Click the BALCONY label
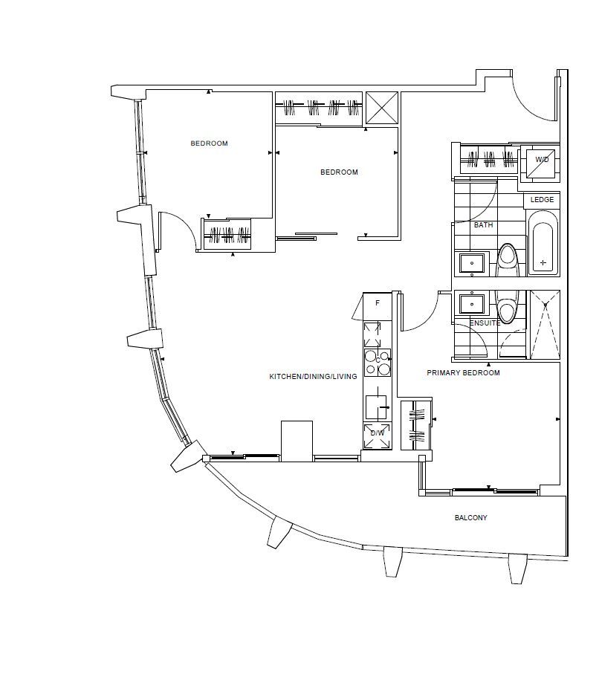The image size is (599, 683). click(470, 517)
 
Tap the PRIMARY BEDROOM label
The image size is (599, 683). click(463, 373)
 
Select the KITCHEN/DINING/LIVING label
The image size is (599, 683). click(313, 376)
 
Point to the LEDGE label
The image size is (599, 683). click(542, 199)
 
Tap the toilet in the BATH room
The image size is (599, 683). click(508, 260)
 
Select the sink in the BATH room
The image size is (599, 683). click(471, 263)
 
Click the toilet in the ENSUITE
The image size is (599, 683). click(507, 307)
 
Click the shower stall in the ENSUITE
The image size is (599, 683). click(545, 324)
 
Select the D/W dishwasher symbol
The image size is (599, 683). click(378, 436)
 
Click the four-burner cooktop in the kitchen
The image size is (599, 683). click(378, 363)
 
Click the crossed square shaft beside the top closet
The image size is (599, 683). click(382, 108)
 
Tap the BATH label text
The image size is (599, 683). click(483, 224)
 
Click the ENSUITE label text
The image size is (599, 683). click(485, 323)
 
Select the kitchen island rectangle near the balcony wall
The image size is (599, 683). click(297, 441)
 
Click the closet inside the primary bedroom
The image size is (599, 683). click(416, 424)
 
